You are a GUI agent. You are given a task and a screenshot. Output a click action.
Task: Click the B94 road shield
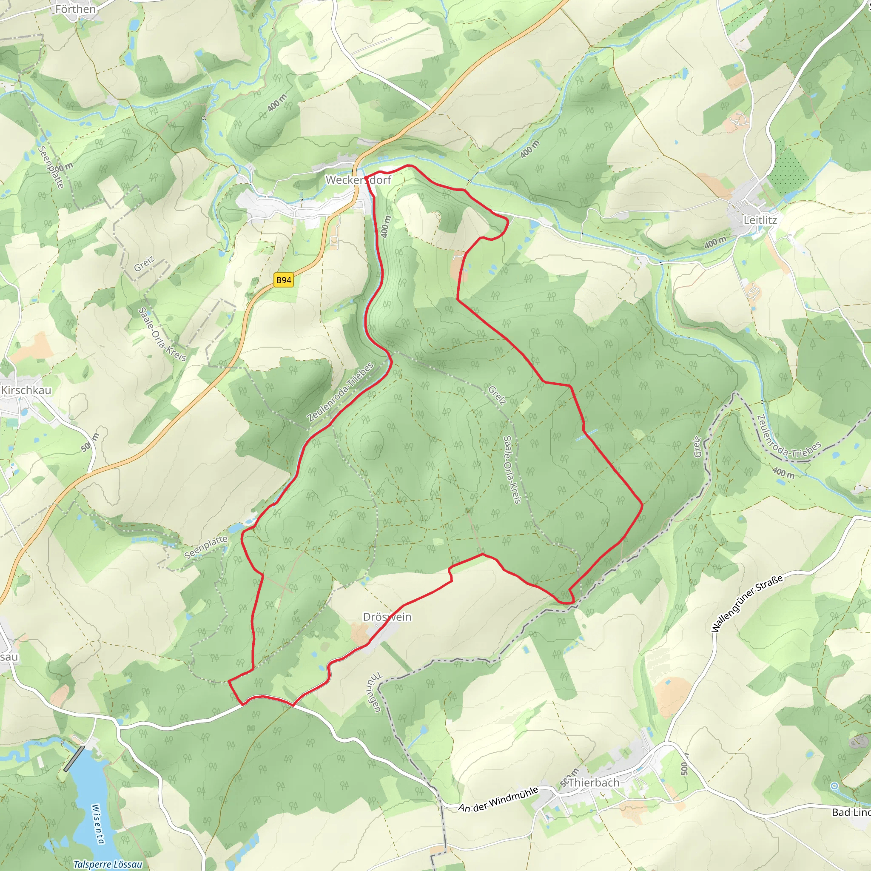click(x=284, y=280)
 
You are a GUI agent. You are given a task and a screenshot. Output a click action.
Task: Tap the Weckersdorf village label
click(x=359, y=180)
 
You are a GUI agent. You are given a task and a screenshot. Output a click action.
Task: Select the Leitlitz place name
click(x=760, y=220)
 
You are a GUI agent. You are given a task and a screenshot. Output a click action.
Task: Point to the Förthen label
click(x=75, y=9)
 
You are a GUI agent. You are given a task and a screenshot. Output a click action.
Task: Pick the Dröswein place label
click(x=387, y=617)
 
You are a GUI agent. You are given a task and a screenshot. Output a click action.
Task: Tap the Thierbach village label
click(x=594, y=783)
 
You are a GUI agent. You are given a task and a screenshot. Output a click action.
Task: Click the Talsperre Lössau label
click(x=108, y=864)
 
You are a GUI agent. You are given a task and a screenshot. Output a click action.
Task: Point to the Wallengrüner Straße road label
click(x=746, y=603)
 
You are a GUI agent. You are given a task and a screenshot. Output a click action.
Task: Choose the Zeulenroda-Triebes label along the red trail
click(x=341, y=392)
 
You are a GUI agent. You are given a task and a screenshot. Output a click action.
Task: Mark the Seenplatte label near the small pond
click(x=206, y=547)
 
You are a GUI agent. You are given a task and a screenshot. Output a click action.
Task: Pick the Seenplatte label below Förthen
click(x=51, y=167)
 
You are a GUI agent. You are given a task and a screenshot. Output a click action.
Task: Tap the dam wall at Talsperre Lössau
click(x=75, y=759)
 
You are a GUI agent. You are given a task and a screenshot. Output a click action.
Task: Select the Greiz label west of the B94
click(x=144, y=263)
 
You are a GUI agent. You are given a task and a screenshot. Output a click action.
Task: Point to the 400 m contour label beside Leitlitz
click(x=715, y=242)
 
